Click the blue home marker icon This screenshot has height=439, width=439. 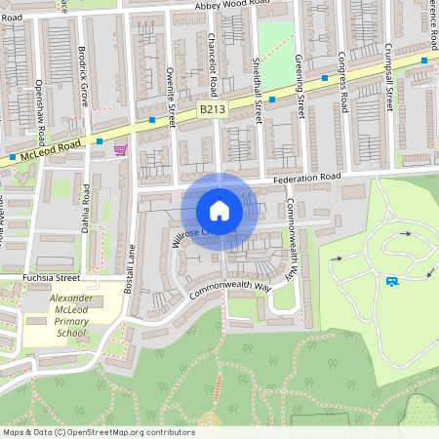click(x=219, y=211)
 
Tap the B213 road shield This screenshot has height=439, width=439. click(x=212, y=111)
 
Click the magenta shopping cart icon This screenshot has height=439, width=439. click(x=120, y=149)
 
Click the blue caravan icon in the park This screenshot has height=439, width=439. click(x=391, y=282)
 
